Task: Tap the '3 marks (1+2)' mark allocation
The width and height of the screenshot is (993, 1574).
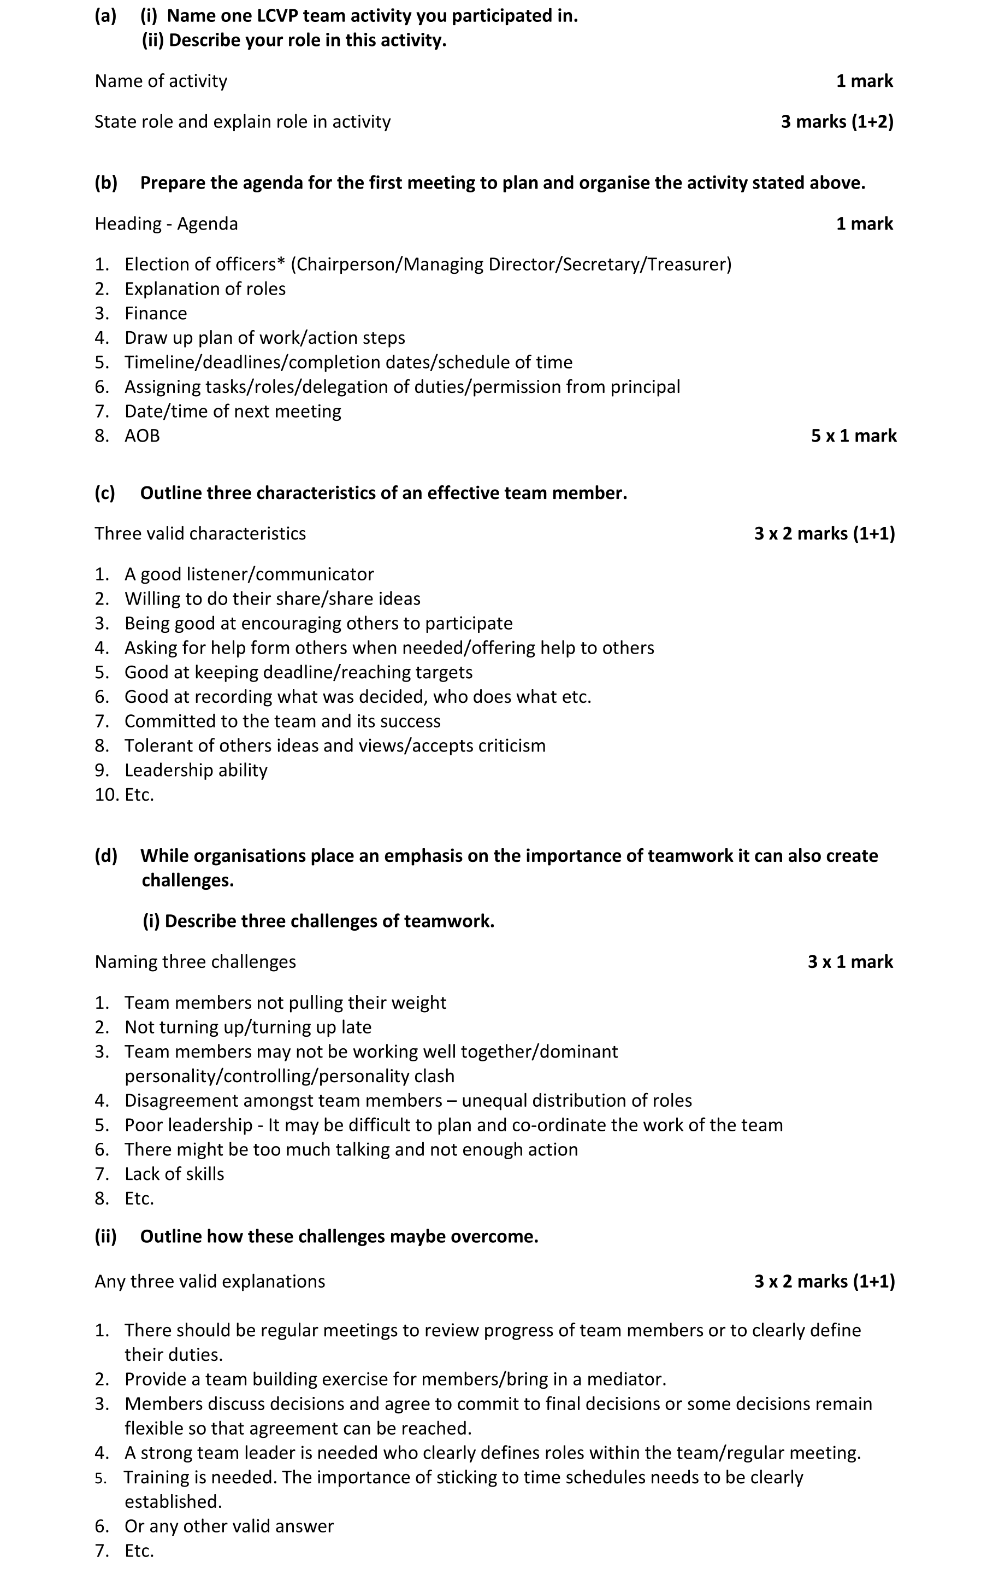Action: [x=837, y=121]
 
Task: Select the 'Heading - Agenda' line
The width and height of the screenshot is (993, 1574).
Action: [x=166, y=224]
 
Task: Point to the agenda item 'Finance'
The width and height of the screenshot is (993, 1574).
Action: [x=156, y=313]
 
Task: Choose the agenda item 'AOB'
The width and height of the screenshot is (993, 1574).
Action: [x=142, y=436]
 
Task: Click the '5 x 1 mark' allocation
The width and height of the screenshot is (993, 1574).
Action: [x=853, y=436]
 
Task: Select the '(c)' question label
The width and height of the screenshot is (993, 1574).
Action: [x=104, y=493]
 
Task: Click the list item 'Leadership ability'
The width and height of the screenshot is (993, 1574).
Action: [x=196, y=770]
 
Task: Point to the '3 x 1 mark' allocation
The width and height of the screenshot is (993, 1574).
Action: [x=850, y=961]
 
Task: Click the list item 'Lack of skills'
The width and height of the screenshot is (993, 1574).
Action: [x=174, y=1174]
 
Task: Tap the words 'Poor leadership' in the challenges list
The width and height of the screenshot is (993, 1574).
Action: [x=188, y=1125]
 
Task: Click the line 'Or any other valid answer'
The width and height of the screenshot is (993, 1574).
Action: [x=229, y=1526]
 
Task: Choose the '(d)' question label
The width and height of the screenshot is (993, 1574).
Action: [x=105, y=856]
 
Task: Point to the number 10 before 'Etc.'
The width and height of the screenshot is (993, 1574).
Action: [x=104, y=795]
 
